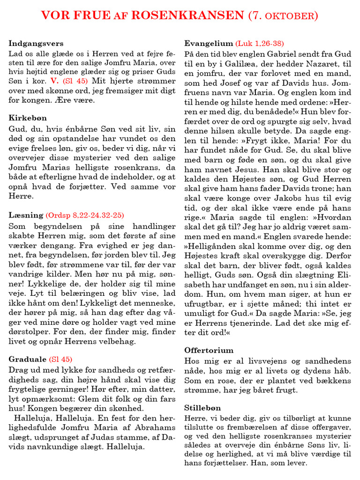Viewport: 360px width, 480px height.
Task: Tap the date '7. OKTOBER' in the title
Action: pyautogui.click(x=283, y=16)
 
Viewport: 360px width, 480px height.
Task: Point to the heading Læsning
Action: pyautogui.click(x=25, y=215)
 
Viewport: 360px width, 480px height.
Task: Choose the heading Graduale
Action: pyautogui.click(x=27, y=359)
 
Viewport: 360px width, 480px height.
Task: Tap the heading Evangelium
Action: pyautogui.click(x=208, y=43)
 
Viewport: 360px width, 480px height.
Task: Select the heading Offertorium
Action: pyautogui.click(x=209, y=350)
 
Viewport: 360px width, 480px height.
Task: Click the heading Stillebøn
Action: pyautogui.click(x=202, y=408)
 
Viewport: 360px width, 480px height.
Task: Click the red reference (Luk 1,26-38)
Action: pyautogui.click(x=260, y=43)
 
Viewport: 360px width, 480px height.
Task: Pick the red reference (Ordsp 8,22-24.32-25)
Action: pyautogui.click(x=85, y=215)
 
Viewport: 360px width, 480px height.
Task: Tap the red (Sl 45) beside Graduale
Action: pyautogui.click(x=60, y=359)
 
